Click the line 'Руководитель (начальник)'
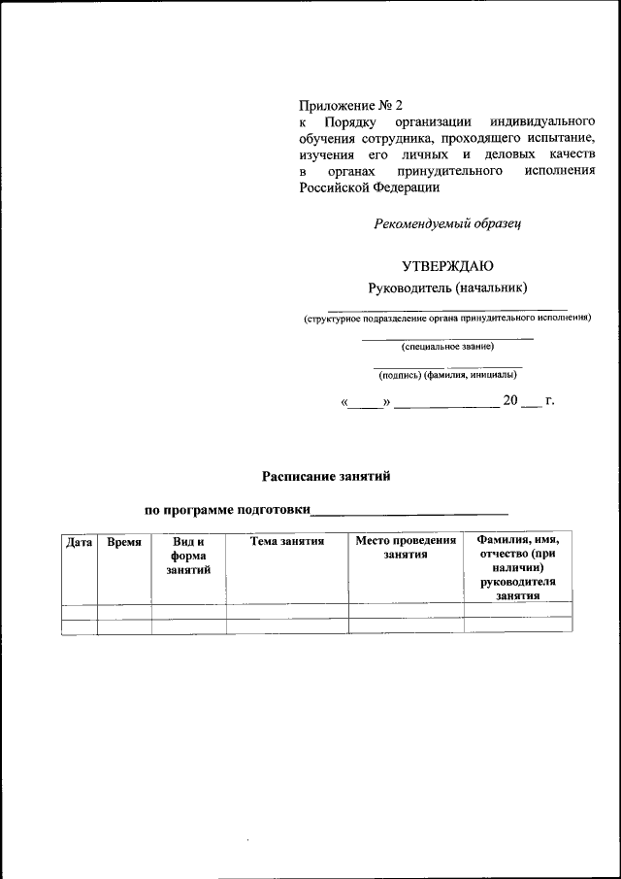tap(447, 287)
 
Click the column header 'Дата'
tap(79, 542)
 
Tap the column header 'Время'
tap(124, 542)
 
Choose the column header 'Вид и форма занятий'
tap(188, 556)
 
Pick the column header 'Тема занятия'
tap(287, 541)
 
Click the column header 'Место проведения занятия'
tap(406, 548)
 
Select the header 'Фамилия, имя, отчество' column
tap(518, 567)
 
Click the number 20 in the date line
tap(510, 400)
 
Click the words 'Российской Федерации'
tap(362, 187)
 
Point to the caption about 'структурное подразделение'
tap(447, 318)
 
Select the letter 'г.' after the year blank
tap(550, 400)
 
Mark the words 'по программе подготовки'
tap(227, 509)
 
